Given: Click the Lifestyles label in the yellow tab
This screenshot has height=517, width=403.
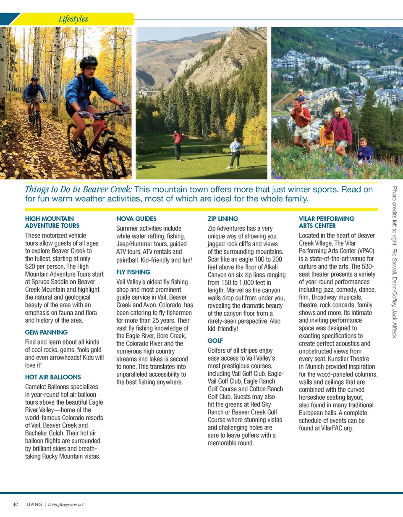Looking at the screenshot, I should (73, 19).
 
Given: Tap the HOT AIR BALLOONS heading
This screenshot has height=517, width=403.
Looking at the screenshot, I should (53, 377).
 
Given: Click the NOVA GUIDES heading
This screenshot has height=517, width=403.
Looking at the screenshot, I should (136, 219).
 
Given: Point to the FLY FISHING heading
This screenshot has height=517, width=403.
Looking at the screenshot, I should (133, 272).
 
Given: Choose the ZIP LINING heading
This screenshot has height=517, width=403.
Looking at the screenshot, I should (223, 219).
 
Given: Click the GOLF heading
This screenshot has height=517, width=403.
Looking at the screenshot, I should (215, 340).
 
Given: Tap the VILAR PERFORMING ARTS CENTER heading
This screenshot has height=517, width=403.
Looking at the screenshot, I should (327, 222).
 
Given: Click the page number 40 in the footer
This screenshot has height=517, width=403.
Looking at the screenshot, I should (16, 504).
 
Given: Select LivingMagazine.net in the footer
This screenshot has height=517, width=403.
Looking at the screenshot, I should (66, 504).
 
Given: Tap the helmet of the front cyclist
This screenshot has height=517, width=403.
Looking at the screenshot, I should (89, 61).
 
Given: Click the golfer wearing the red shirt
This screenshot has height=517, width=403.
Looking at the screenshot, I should (178, 144).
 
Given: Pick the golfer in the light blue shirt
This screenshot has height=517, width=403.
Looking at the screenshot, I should (236, 152).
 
